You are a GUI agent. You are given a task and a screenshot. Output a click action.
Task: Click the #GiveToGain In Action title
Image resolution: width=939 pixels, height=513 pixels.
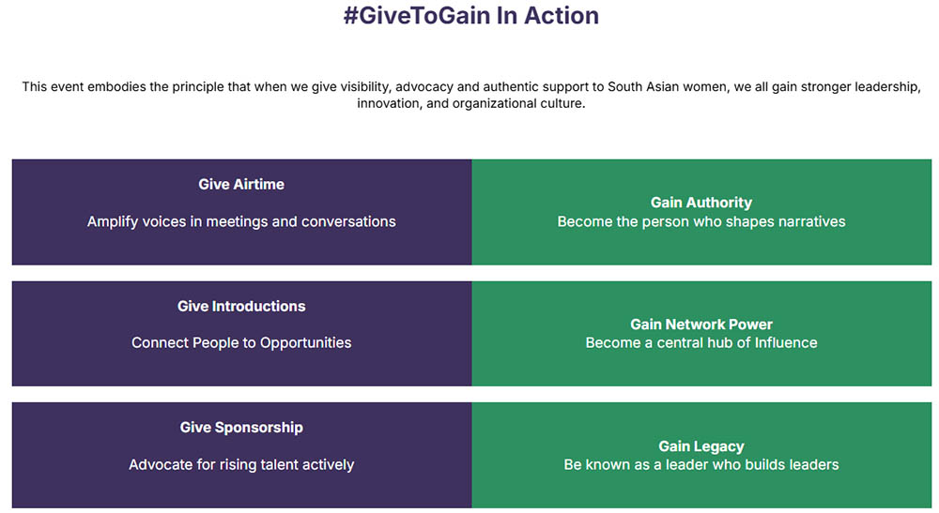(470, 16)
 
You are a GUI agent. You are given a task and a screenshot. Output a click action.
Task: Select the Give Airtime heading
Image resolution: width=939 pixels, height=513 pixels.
(241, 184)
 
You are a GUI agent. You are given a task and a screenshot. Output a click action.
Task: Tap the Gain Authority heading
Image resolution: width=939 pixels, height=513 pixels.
(701, 203)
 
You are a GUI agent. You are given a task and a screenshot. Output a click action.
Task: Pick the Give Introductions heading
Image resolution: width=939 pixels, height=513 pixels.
(241, 306)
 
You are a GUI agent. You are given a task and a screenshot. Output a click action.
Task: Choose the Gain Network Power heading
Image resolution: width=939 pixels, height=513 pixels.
(701, 324)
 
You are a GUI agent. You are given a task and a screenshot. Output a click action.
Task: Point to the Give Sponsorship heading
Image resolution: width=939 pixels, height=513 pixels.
(241, 428)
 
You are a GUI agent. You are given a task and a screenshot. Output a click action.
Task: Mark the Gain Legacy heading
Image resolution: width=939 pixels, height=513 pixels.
(701, 446)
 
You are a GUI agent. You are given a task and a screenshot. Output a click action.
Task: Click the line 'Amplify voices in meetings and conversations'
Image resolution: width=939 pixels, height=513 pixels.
(241, 222)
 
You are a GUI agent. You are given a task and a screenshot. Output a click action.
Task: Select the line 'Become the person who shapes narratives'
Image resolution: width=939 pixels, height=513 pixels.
(701, 222)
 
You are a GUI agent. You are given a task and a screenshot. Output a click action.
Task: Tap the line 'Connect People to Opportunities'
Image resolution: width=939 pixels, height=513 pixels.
(241, 342)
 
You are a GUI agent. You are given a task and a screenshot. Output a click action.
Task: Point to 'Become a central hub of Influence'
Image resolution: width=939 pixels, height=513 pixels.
(701, 342)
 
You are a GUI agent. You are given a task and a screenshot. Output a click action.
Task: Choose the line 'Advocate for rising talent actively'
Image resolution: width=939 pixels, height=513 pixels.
(241, 464)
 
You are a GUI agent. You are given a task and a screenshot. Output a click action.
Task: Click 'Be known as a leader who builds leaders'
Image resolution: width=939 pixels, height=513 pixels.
(701, 464)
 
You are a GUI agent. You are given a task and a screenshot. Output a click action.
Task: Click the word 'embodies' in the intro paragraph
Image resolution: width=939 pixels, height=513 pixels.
(117, 86)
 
